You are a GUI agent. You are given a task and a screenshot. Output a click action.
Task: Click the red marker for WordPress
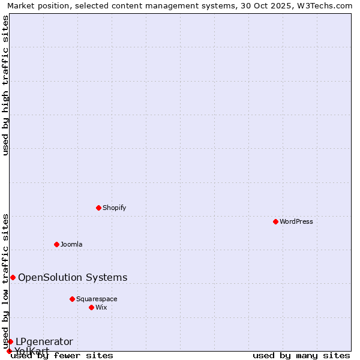coord(275,221)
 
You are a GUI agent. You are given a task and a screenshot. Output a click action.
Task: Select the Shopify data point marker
coord(98,208)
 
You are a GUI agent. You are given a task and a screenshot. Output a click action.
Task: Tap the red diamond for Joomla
coord(56,244)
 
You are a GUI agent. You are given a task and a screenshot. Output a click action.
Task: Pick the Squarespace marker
coord(72,299)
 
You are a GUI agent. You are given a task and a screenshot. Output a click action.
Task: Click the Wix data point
coord(91,307)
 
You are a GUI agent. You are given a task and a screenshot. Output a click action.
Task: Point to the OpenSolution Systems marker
coord(13,277)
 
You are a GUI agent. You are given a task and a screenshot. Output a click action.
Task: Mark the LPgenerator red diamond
coord(10,341)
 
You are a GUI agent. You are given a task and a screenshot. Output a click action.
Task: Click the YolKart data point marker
coord(9,351)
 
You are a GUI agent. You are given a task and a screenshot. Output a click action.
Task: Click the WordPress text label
coord(296,221)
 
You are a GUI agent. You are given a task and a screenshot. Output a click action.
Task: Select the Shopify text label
coord(114,208)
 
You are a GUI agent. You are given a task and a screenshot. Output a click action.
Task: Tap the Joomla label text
coord(71,244)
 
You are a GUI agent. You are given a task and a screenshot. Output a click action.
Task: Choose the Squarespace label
coord(97,299)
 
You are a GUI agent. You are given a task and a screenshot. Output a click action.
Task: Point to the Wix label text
coord(101,307)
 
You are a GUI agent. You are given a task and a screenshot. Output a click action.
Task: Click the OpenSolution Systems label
coord(73,277)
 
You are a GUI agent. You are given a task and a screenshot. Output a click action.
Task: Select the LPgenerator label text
coord(44,341)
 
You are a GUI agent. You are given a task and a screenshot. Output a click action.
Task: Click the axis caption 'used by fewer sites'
coord(62,355)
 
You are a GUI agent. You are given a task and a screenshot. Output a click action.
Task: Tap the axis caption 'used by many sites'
coord(301,355)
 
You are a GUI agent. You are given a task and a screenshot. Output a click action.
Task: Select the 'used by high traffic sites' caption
coord(6,85)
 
